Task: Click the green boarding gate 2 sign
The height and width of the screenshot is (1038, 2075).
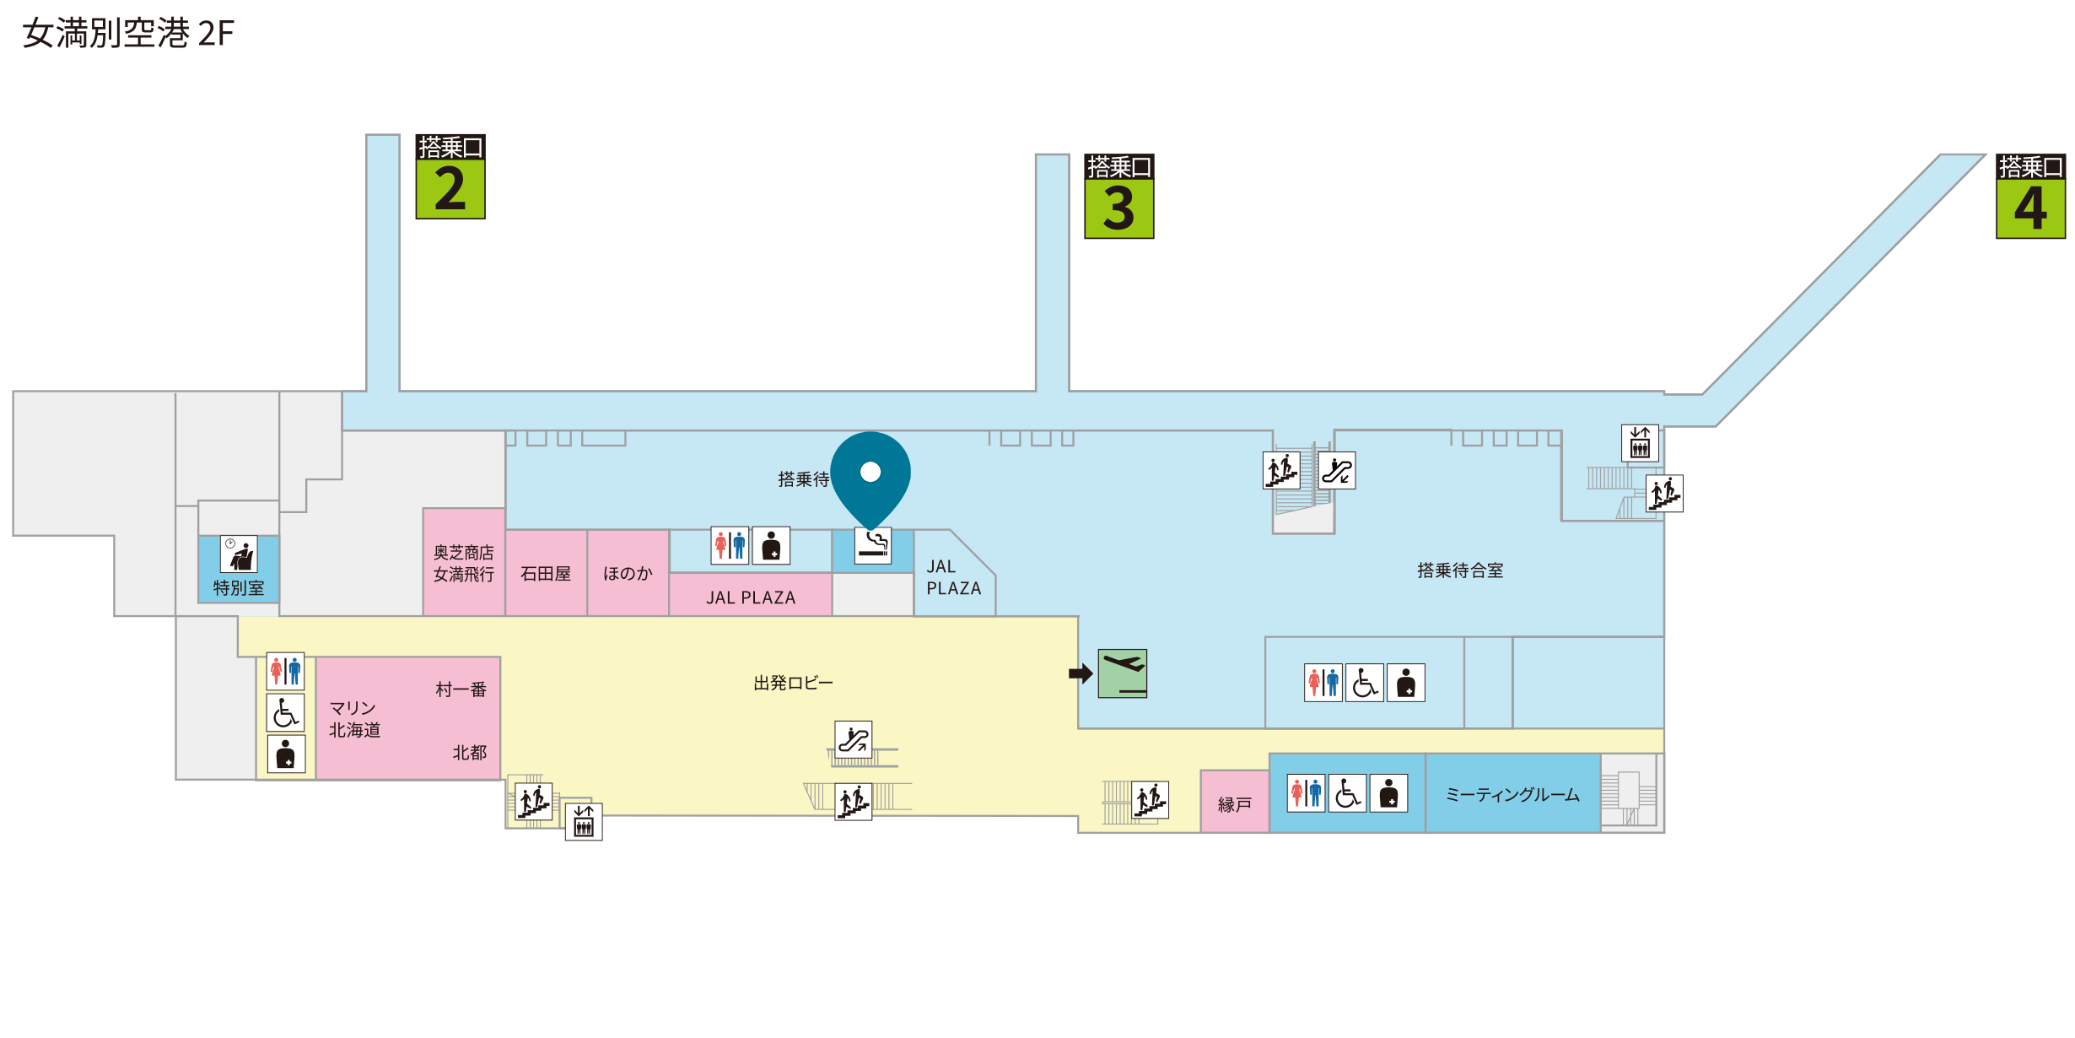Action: pyautogui.click(x=450, y=176)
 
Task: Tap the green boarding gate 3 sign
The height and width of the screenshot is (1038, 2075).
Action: pyautogui.click(x=1119, y=196)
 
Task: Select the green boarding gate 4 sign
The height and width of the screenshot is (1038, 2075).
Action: pyautogui.click(x=2031, y=196)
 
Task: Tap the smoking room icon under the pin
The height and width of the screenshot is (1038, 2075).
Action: pyautogui.click(x=873, y=546)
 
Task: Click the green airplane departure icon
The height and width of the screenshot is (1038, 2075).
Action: pyautogui.click(x=1123, y=673)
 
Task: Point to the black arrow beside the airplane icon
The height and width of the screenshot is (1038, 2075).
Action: pyautogui.click(x=1081, y=673)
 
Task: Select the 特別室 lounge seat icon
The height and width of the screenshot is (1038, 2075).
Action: pyautogui.click(x=239, y=554)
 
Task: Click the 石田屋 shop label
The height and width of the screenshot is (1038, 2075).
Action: pyautogui.click(x=546, y=574)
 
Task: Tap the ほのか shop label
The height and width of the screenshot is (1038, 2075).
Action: pyautogui.click(x=628, y=574)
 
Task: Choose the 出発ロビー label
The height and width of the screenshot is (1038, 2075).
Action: pyautogui.click(x=793, y=683)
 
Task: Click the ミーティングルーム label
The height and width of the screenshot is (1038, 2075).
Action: pyautogui.click(x=1512, y=795)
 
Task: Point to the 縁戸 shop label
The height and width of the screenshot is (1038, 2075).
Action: pyautogui.click(x=1235, y=805)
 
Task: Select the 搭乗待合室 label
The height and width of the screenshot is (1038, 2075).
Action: pyautogui.click(x=1460, y=570)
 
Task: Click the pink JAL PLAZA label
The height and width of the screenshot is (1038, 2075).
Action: pyautogui.click(x=751, y=597)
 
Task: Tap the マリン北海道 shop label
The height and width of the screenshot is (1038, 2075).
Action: pyautogui.click(x=354, y=719)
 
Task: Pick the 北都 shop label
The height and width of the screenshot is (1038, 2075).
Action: pyautogui.click(x=470, y=753)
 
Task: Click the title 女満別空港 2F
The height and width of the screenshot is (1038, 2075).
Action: pyautogui.click(x=128, y=34)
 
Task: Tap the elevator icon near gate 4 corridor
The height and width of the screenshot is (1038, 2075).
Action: pyautogui.click(x=1640, y=443)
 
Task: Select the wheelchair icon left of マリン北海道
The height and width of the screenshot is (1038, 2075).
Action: pyautogui.click(x=286, y=713)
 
